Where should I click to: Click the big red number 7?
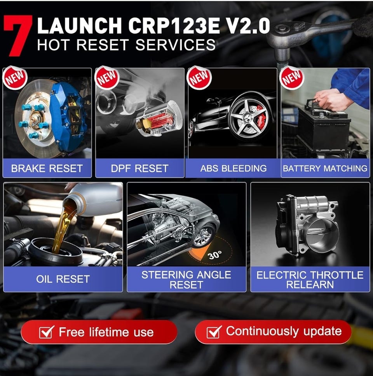tap(18, 35)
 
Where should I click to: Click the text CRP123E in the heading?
tap(174, 26)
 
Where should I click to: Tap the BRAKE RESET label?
tap(47, 168)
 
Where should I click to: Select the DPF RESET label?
tap(139, 168)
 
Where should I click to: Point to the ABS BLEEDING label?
tap(234, 168)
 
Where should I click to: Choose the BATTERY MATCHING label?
tap(325, 168)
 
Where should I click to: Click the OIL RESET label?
tap(63, 279)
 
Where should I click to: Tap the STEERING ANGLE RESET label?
tap(186, 280)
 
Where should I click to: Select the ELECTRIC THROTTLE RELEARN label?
tap(310, 280)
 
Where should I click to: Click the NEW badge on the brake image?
tap(15, 78)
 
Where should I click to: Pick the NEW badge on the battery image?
tap(292, 78)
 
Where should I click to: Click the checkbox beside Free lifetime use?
tap(46, 332)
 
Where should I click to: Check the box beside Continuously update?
tap(214, 332)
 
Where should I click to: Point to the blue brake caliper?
tap(68, 116)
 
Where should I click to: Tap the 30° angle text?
tap(215, 255)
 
